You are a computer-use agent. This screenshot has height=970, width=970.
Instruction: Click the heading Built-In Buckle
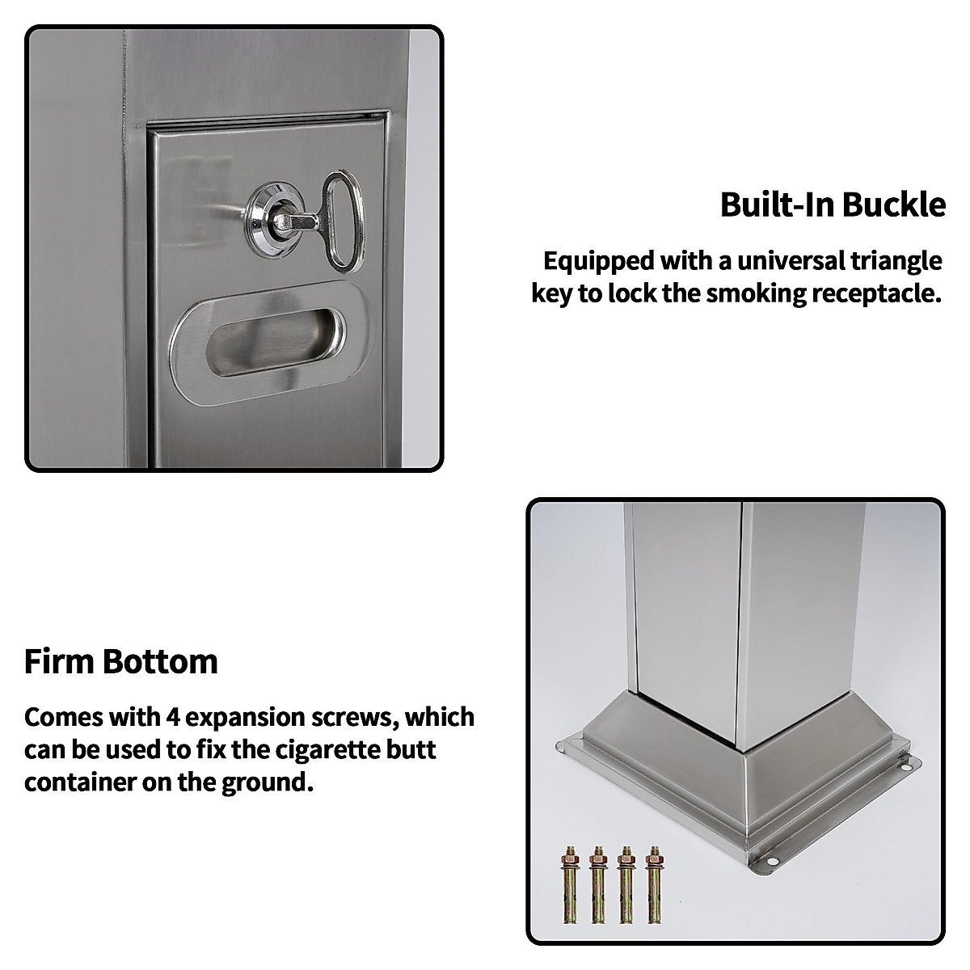coord(833,205)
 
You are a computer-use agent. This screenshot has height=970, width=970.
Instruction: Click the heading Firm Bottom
coord(121,661)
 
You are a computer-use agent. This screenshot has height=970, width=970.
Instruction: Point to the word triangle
coord(900,261)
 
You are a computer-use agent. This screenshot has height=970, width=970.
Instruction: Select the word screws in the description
coord(356,718)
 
